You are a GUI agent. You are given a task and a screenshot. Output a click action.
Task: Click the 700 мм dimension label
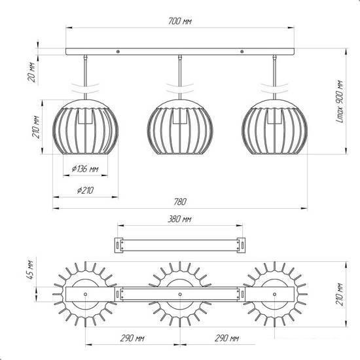[180, 22]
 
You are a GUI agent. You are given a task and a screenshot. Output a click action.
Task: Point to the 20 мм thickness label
[32, 72]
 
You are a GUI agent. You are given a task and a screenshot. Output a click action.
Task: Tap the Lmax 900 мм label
[340, 101]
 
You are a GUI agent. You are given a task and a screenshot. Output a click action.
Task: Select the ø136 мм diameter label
[85, 169]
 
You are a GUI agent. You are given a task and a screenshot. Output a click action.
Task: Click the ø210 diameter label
[85, 190]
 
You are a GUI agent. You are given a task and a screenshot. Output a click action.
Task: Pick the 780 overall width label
[180, 202]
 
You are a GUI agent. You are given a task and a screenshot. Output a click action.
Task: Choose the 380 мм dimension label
[179, 219]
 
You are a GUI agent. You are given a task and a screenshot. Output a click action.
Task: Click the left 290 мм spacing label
[132, 338]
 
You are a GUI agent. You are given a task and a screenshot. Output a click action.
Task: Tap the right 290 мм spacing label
[227, 338]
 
